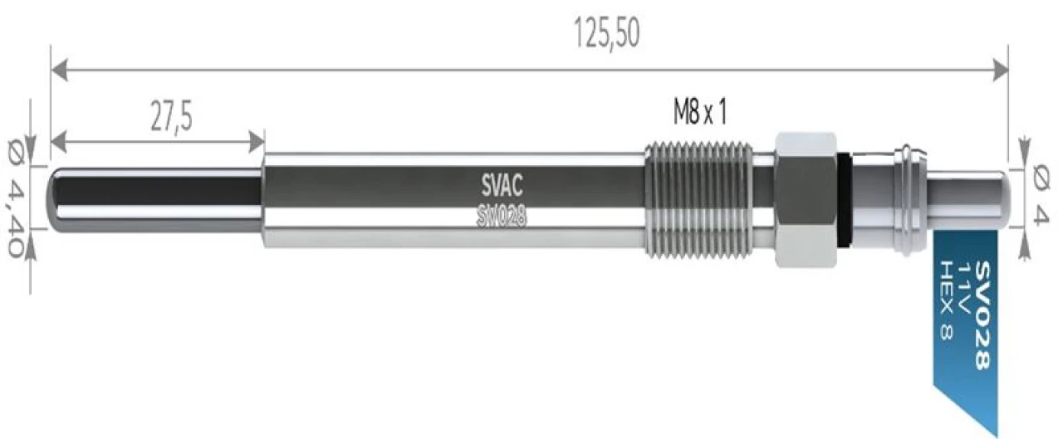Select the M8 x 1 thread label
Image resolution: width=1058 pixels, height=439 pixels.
[699, 114]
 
